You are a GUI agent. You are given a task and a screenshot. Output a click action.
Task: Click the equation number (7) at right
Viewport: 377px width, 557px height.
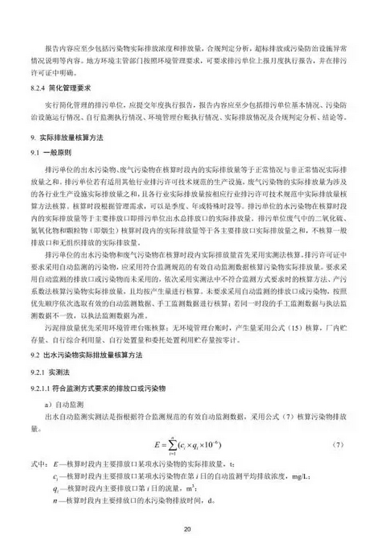point(337,444)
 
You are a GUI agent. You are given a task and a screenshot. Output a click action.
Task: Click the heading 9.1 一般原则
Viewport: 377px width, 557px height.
point(48,153)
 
